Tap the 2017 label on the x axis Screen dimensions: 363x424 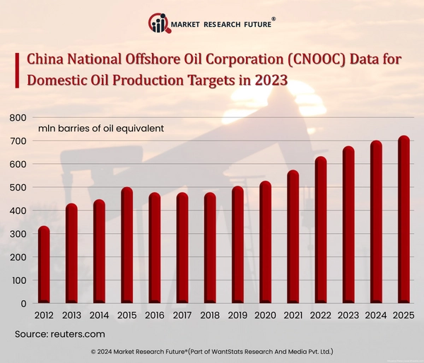182,316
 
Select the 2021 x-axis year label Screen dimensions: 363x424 293,316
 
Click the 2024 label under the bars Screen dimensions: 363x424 376,316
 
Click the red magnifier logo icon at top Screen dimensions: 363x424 158,24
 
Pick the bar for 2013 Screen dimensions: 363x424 71,254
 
